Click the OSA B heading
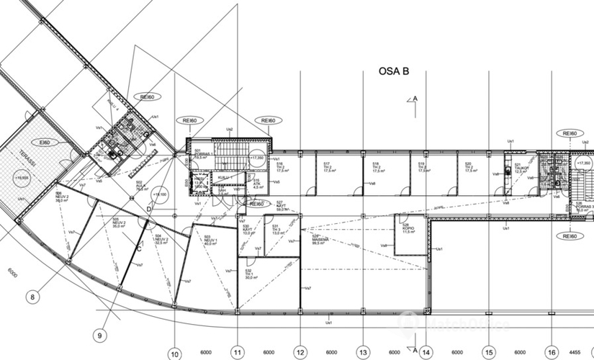394,71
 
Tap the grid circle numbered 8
32,296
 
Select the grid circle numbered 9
99,333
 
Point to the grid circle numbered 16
552,353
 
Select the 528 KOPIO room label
408,229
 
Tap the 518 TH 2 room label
376,168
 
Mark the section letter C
139,248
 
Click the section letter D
149,209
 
